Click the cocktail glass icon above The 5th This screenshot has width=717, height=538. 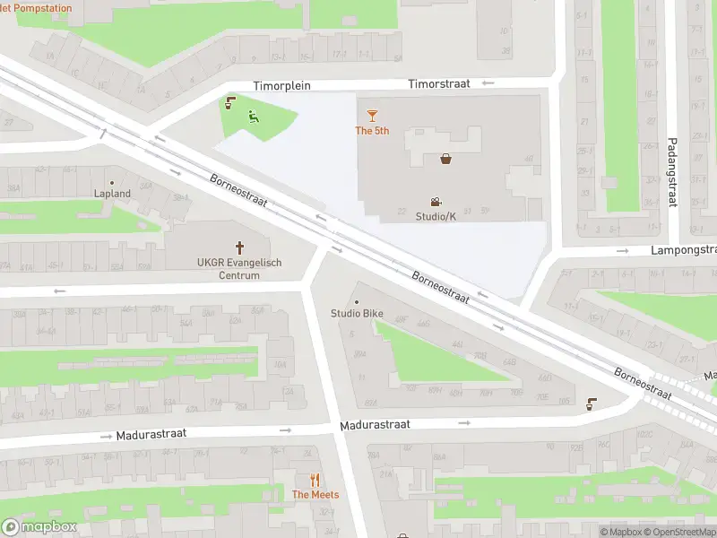pos(372,115)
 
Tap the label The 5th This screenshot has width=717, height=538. pos(372,131)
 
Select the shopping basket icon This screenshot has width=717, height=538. pos(445,160)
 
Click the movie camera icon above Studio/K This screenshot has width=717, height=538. pos(436,203)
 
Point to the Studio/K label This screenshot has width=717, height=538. pos(436,217)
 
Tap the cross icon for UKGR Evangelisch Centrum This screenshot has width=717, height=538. pos(239,247)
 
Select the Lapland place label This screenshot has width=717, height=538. pos(113,193)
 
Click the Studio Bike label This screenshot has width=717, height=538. pos(358,313)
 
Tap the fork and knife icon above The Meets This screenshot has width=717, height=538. pos(314,480)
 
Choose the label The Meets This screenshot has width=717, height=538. pos(314,495)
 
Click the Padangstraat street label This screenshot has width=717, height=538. pos(671,171)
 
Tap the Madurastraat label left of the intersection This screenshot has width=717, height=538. pos(151,434)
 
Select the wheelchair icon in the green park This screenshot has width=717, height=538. pos(254,115)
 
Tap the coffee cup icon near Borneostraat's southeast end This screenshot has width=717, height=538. pos(592,403)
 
